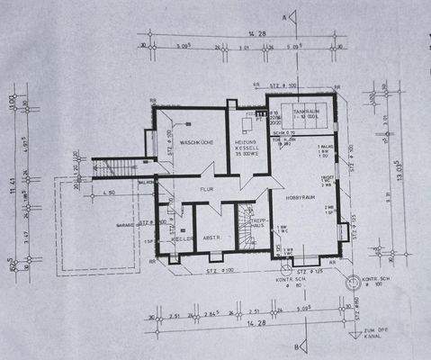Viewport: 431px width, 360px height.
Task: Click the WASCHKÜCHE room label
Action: (x=195, y=143)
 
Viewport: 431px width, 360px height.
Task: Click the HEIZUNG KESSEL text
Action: (x=247, y=148)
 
